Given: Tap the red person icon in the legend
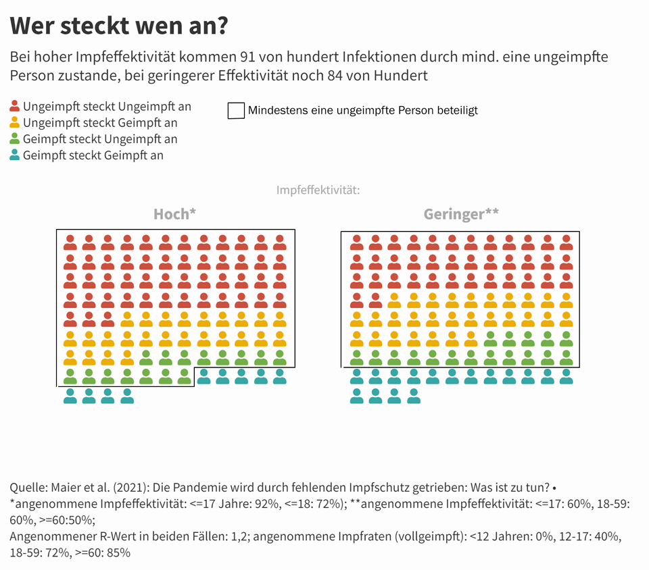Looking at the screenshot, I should point(15,106).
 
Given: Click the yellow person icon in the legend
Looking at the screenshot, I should point(15,122).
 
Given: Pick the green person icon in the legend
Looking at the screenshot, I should point(15,139).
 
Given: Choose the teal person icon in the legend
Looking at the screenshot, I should point(15,155).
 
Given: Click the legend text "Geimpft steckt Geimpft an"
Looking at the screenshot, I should point(93,155).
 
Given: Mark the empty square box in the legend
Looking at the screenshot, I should point(236,110).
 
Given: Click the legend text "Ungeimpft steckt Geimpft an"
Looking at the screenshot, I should point(100,122).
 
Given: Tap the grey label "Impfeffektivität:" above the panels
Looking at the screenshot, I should point(318,190).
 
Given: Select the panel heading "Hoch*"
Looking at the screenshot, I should point(174,214).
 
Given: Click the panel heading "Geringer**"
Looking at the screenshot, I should point(461,214).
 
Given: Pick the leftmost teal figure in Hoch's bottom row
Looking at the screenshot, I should point(70,396).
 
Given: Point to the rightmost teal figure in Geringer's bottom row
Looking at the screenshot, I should point(414,396).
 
